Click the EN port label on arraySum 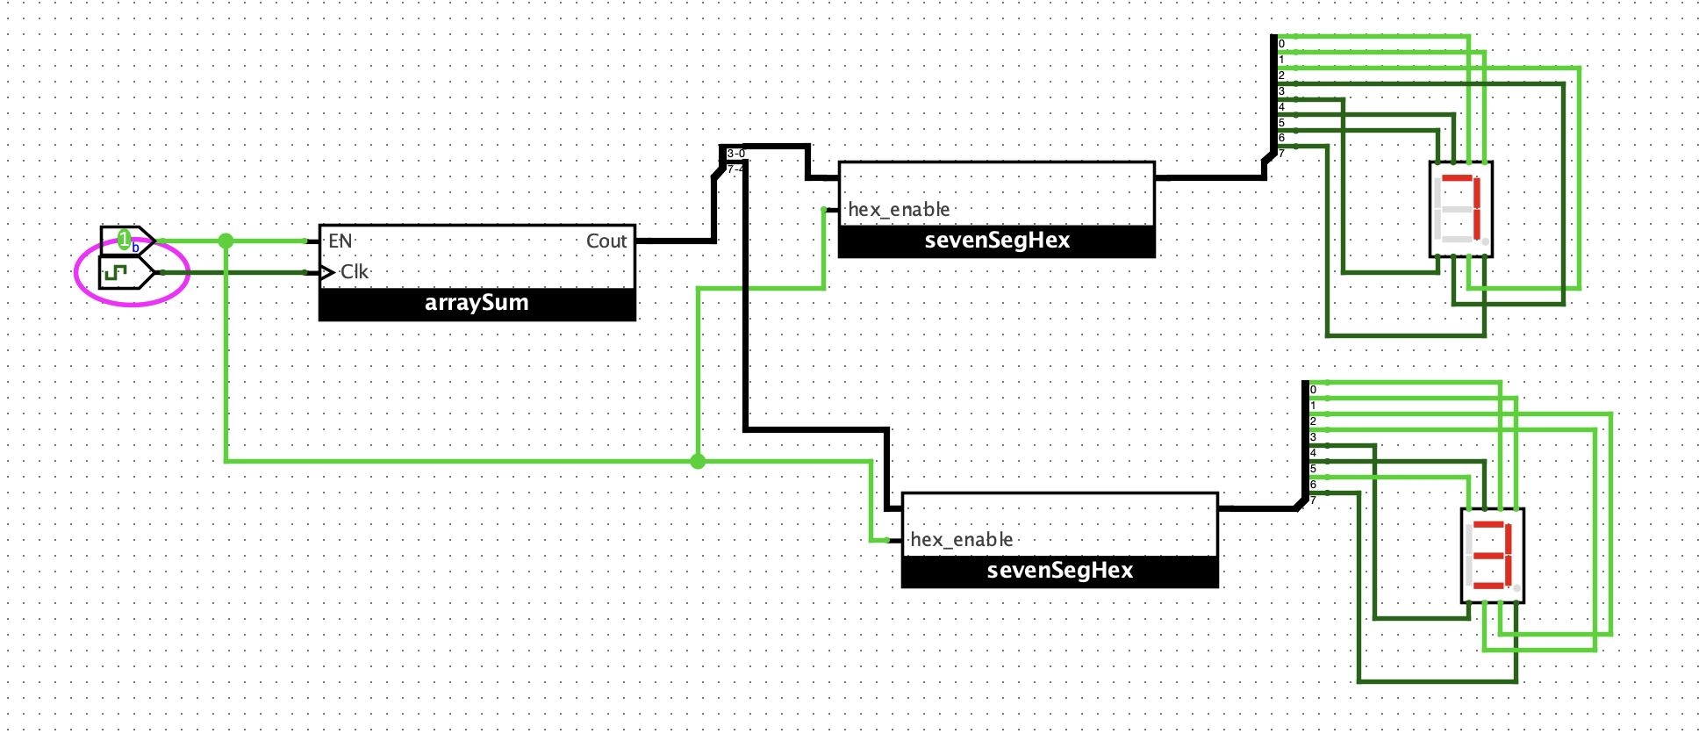(340, 241)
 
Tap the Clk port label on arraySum (355, 272)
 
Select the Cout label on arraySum (606, 241)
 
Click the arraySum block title (477, 303)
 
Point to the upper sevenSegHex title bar (997, 241)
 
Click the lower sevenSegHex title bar (1060, 571)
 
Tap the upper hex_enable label (899, 210)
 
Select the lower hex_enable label (962, 540)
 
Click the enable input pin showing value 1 (126, 240)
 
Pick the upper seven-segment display (1461, 209)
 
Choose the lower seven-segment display (1493, 556)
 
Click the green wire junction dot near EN (226, 241)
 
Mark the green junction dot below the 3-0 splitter (698, 461)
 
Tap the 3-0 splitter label (735, 154)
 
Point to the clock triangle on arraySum (326, 272)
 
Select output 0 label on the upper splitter (1281, 44)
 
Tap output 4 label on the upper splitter (1281, 107)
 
